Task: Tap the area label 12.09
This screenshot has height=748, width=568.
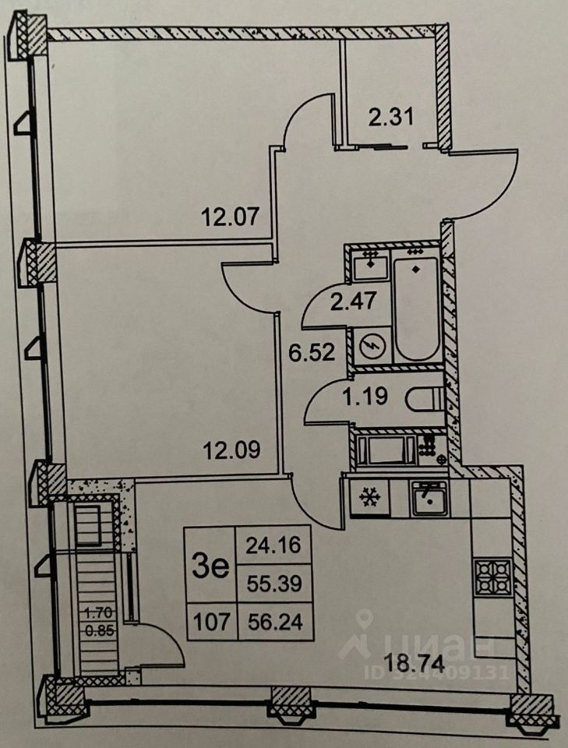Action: tap(231, 450)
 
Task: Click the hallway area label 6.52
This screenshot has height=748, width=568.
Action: tap(312, 352)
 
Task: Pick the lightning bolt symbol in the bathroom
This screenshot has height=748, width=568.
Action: tap(371, 345)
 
